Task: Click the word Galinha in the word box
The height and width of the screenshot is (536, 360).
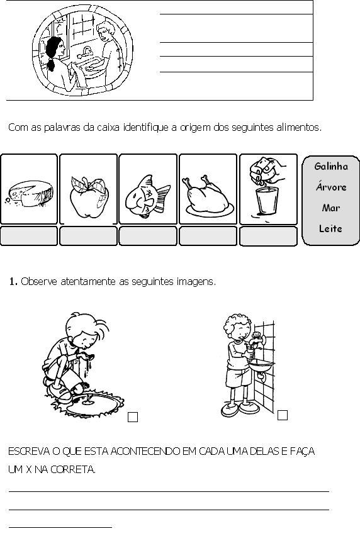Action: click(331, 167)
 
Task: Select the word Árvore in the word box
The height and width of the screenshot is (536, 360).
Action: click(331, 187)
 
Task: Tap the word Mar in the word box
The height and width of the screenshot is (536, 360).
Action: click(330, 208)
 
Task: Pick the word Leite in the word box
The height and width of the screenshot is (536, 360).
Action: click(330, 228)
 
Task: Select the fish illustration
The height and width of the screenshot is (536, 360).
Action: click(147, 197)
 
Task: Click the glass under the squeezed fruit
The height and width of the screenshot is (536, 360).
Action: click(267, 201)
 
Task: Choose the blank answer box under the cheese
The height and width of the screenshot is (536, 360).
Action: click(29, 236)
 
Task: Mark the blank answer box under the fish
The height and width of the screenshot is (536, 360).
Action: click(148, 236)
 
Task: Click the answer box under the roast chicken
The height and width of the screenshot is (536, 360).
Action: click(208, 236)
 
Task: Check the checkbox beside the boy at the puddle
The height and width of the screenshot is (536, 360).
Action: click(133, 417)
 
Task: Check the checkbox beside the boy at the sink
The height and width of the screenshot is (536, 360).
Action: click(283, 415)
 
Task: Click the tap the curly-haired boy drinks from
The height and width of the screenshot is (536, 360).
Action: click(258, 340)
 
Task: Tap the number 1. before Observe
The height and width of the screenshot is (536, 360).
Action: click(13, 282)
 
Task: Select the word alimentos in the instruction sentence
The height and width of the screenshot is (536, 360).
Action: click(299, 128)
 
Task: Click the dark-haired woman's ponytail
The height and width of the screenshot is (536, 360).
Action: click(51, 64)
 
